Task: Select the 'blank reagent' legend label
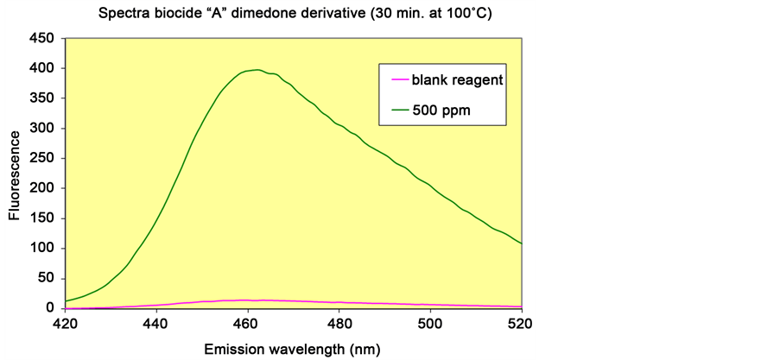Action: tap(458, 79)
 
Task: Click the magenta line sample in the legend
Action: tap(399, 79)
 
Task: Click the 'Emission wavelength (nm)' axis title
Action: tap(293, 349)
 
